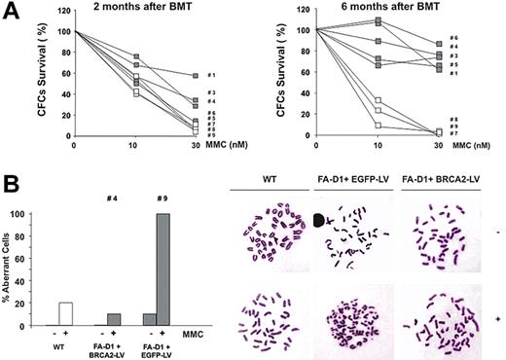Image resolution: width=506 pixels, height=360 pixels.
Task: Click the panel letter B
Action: (x=12, y=182)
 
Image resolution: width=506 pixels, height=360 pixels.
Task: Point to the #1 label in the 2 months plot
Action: (x=211, y=76)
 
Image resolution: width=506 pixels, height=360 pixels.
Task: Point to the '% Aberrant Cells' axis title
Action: (x=13, y=269)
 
